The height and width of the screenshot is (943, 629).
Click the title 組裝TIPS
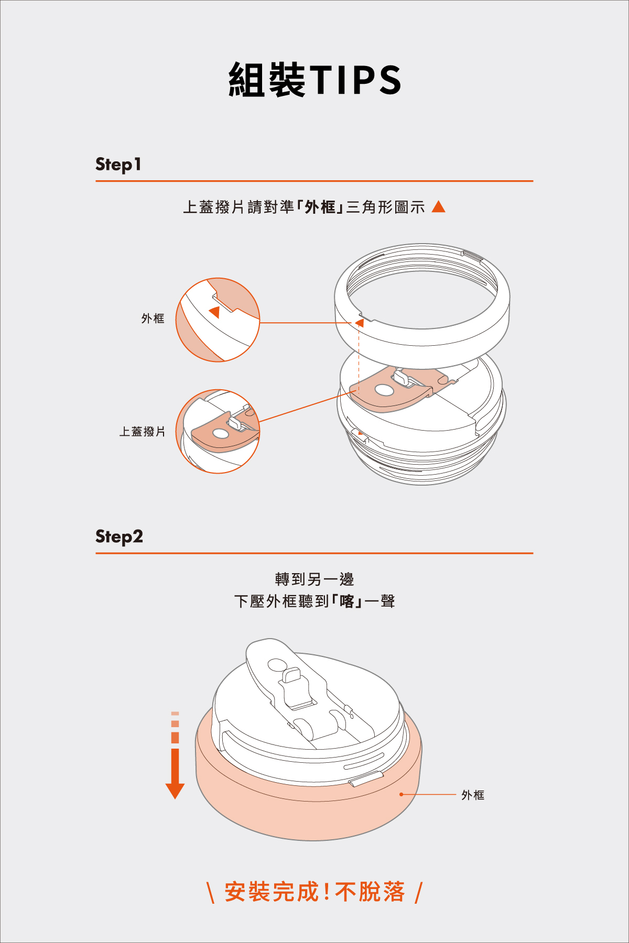click(x=314, y=80)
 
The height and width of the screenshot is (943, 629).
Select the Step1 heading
click(x=118, y=165)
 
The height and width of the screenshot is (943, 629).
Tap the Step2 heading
click(x=119, y=536)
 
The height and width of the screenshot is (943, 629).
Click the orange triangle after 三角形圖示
click(x=438, y=207)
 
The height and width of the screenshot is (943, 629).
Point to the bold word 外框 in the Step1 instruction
click(x=320, y=207)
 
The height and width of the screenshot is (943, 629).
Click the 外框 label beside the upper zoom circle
click(x=153, y=319)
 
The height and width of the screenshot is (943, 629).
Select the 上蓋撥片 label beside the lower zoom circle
click(x=142, y=432)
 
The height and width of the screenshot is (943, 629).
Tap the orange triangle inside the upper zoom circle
click(x=214, y=312)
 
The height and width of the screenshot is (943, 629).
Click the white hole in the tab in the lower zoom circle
click(x=220, y=434)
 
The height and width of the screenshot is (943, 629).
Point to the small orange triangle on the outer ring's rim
click(x=360, y=323)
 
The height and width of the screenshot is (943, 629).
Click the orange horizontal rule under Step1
click(x=314, y=181)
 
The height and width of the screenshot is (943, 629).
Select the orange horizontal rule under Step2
click(x=314, y=553)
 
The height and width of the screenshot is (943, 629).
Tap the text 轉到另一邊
click(x=314, y=579)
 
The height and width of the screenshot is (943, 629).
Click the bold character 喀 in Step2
click(x=347, y=601)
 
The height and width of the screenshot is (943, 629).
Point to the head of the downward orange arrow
click(x=175, y=791)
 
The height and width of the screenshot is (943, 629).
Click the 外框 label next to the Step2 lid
click(x=473, y=795)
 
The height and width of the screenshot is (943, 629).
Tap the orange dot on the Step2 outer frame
click(x=402, y=795)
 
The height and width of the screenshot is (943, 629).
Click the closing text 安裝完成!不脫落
click(x=314, y=892)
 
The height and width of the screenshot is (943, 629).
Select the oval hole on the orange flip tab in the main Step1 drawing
click(x=384, y=390)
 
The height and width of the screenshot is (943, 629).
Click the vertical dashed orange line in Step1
click(x=359, y=358)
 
